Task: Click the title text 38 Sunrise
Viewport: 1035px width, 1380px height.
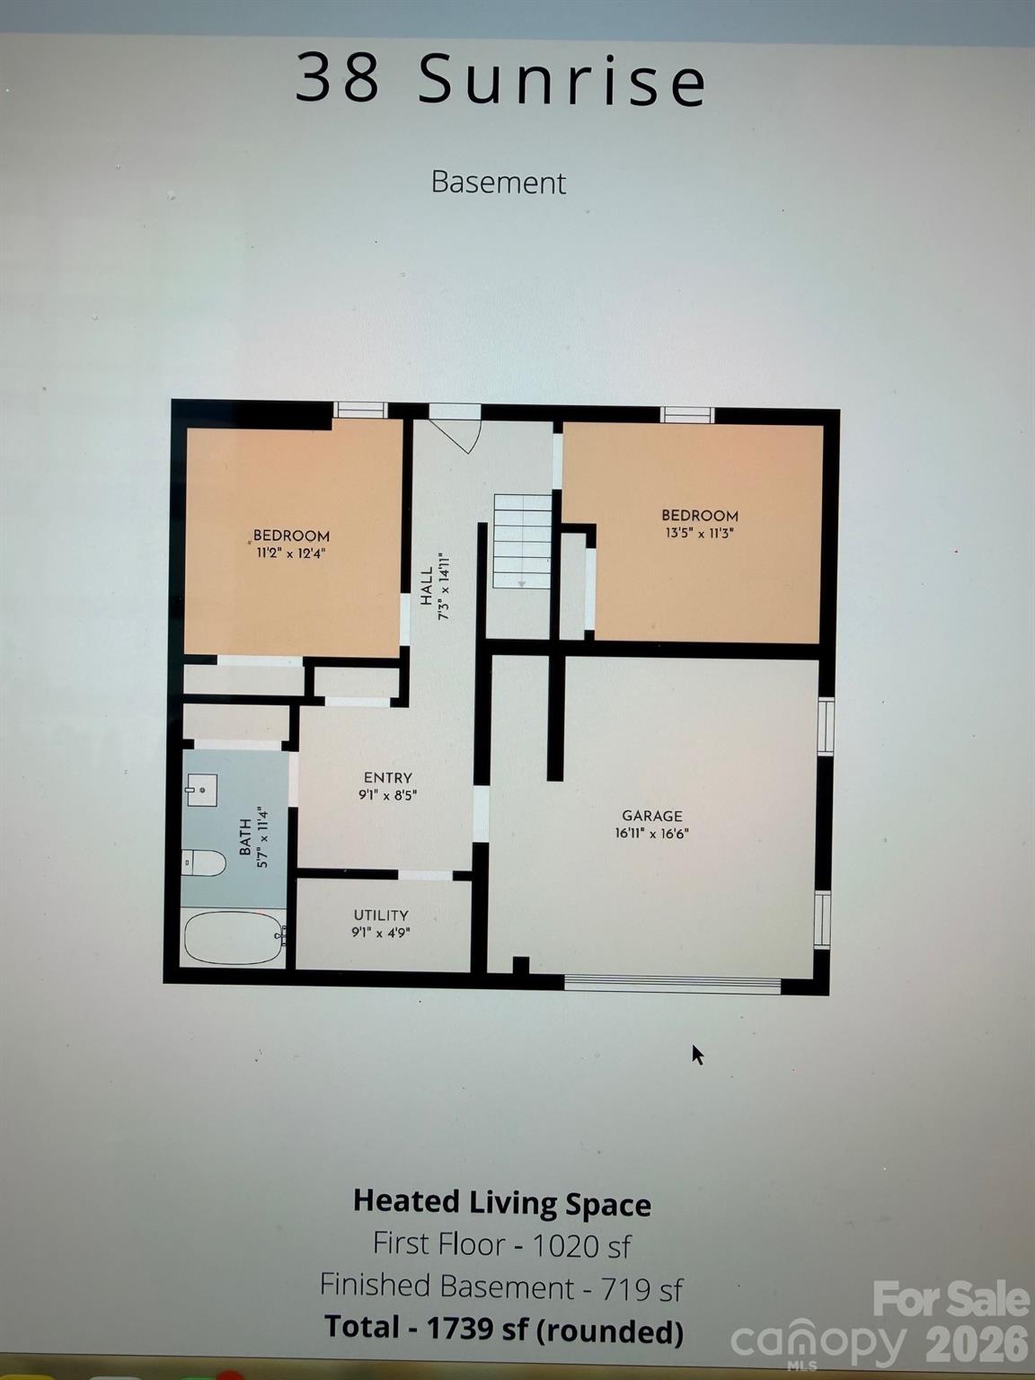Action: coord(500,79)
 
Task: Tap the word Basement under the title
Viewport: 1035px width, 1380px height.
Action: coord(498,182)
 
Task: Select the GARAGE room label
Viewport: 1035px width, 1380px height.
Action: coord(652,816)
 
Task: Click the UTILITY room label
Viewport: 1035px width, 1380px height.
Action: coord(381,916)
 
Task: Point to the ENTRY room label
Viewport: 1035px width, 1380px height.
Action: coord(388,778)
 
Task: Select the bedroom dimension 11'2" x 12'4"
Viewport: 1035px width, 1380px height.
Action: coord(291,553)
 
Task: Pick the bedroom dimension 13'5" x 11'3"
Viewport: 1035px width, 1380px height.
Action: coord(700,533)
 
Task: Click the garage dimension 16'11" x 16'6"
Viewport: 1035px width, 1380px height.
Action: coord(652,833)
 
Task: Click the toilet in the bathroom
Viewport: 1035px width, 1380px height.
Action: coord(204,863)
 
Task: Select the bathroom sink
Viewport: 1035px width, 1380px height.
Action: coord(201,790)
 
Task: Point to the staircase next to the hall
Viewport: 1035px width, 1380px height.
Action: coord(521,541)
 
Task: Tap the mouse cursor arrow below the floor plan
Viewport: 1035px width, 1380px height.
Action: coord(697,1054)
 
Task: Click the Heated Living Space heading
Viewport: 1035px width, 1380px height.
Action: coord(501,1203)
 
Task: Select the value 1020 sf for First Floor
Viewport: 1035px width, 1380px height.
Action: coord(581,1245)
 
